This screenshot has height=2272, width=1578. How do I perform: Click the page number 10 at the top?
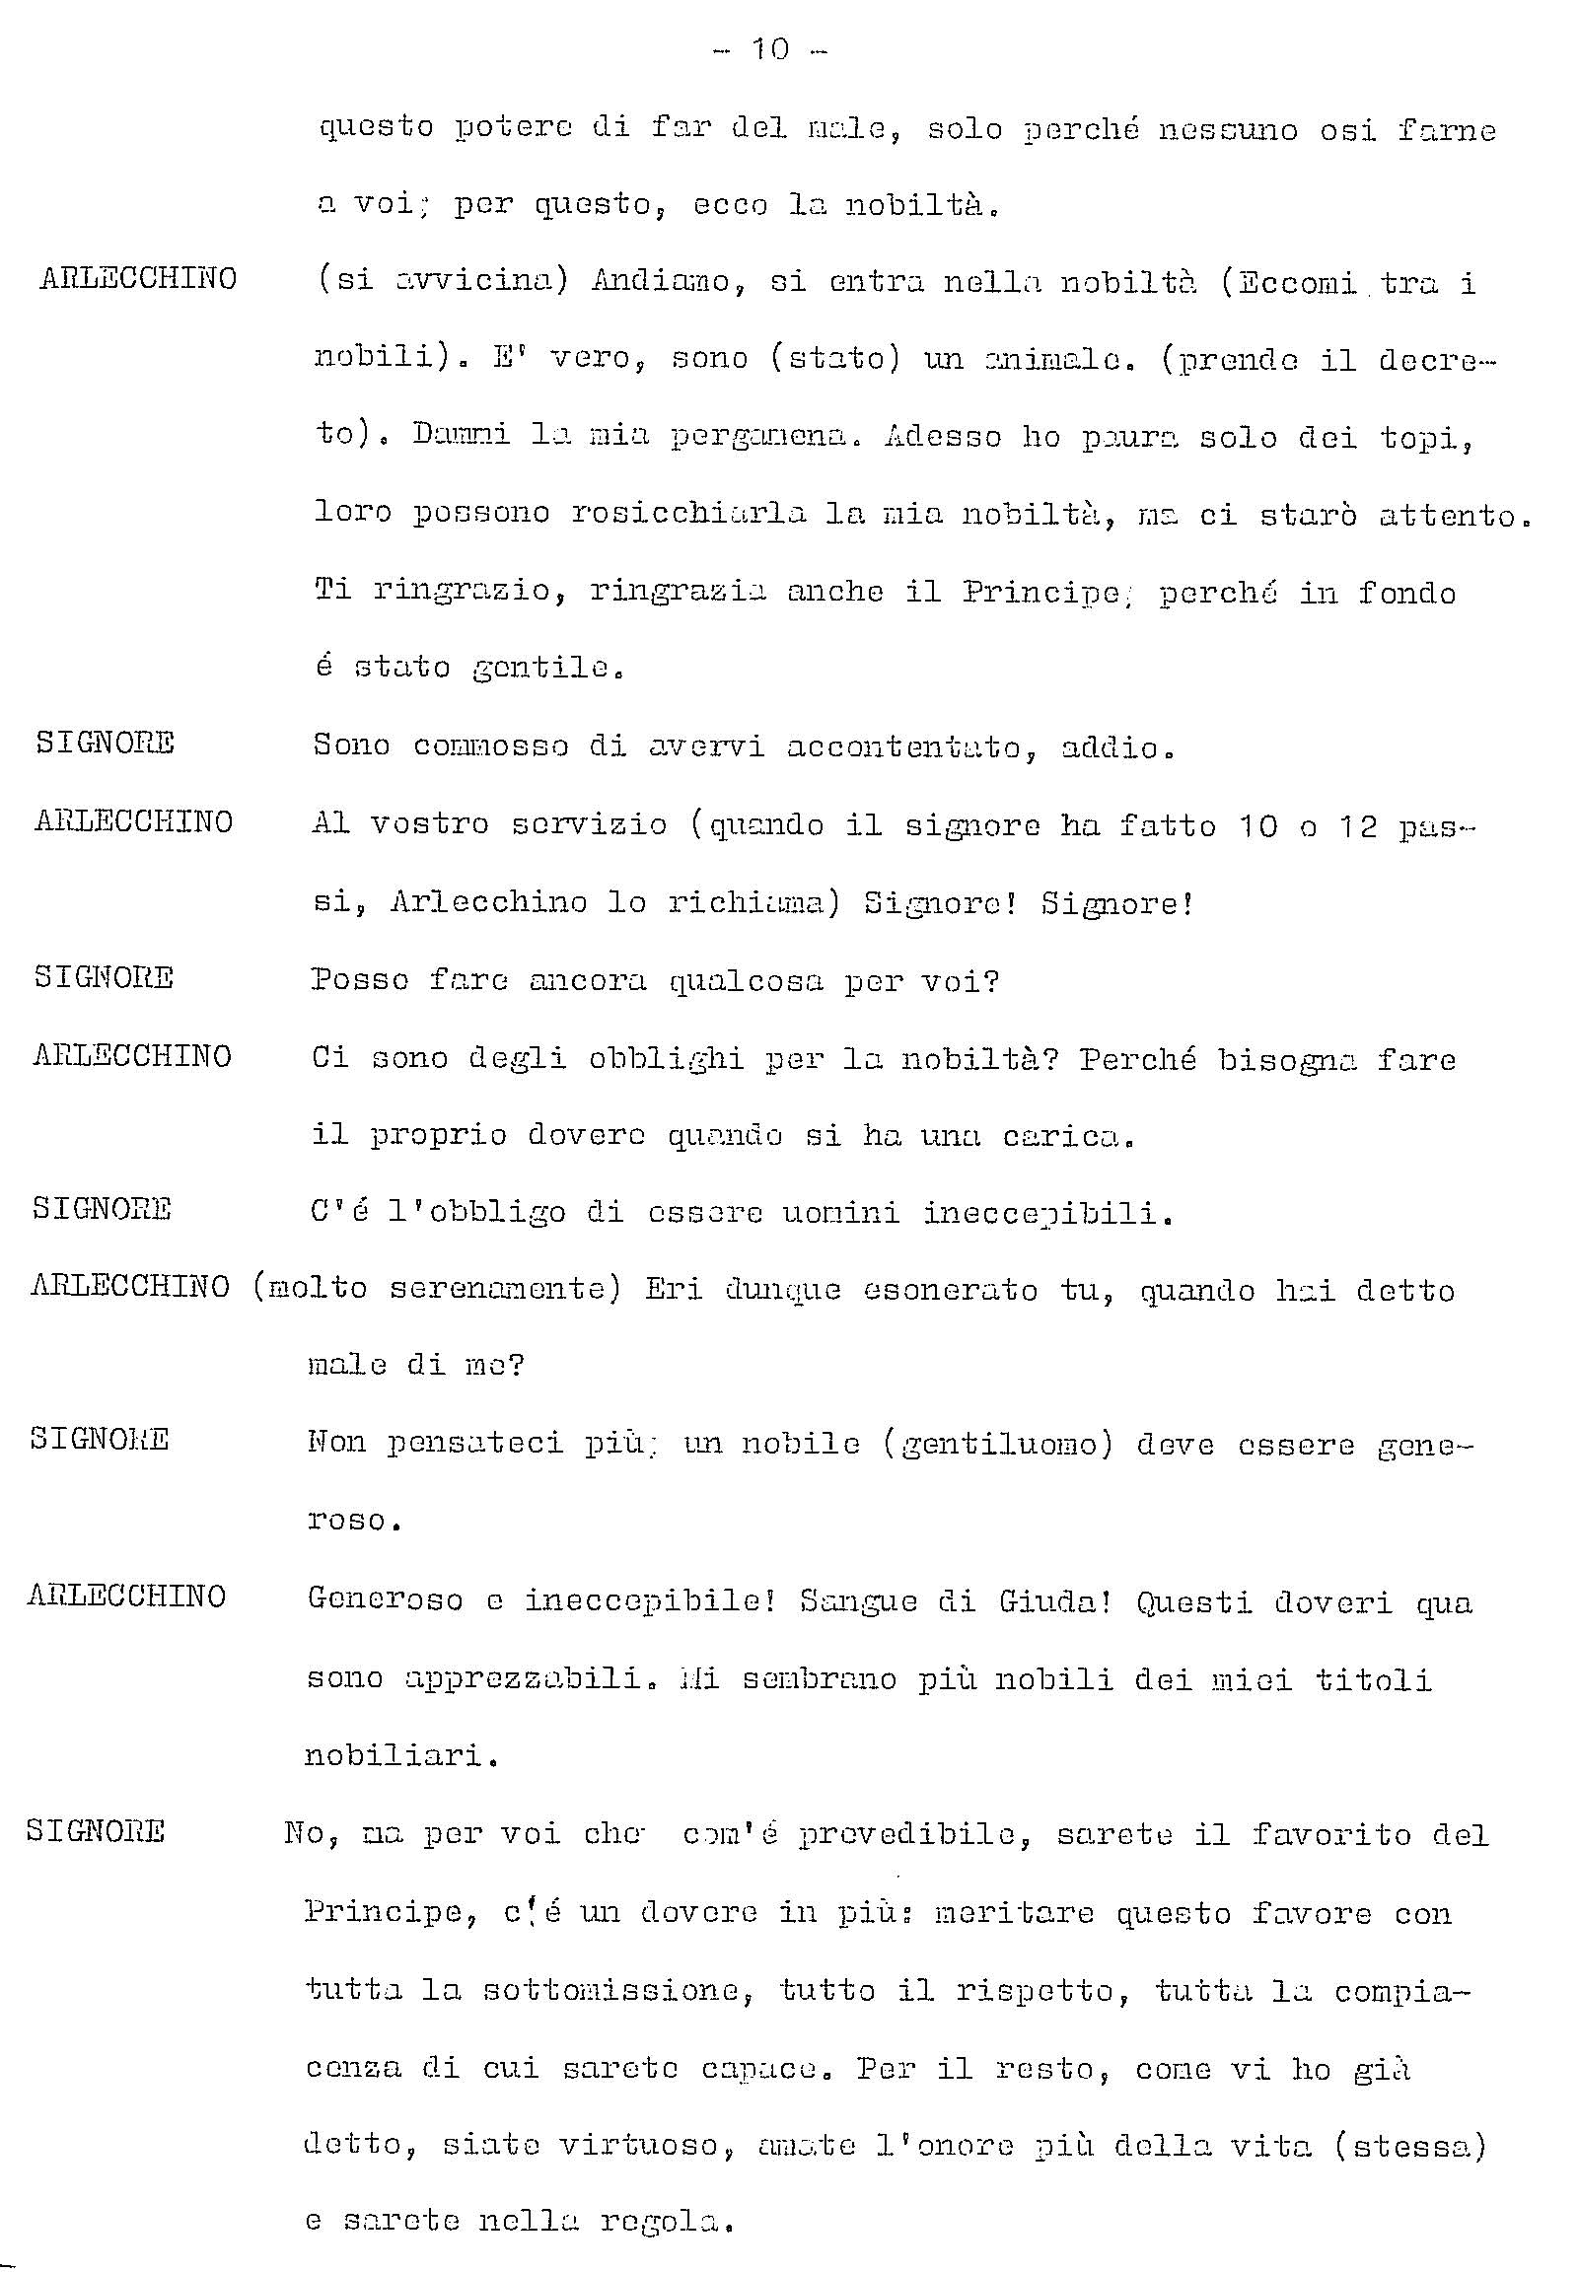tap(770, 49)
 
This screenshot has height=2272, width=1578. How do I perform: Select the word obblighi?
tap(666, 1059)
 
